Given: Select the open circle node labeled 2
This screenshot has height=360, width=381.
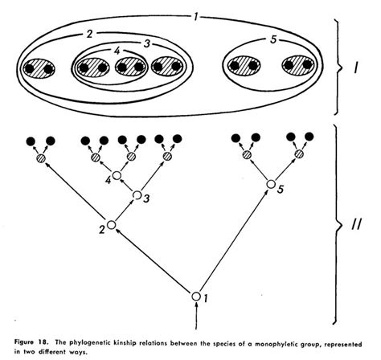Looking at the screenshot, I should tap(112, 225).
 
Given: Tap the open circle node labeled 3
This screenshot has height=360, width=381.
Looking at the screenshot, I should tap(137, 194).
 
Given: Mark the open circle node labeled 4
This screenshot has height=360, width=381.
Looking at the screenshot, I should tap(117, 174).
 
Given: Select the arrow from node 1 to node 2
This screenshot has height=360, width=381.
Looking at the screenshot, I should tap(153, 261).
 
